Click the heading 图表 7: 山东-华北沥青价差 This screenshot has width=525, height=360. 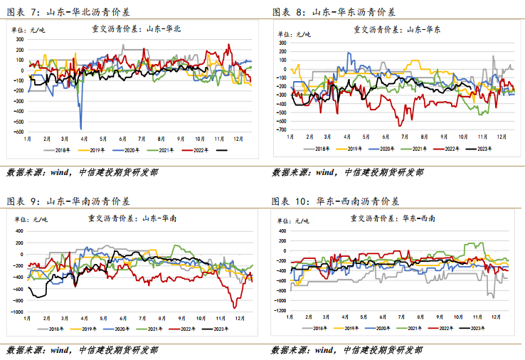pyautogui.click(x=68, y=12)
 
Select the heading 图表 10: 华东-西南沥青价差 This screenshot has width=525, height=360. pyautogui.click(x=335, y=201)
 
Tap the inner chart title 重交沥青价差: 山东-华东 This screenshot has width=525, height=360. pyautogui.click(x=397, y=30)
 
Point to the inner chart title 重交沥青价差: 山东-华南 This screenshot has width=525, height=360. pyautogui.click(x=132, y=218)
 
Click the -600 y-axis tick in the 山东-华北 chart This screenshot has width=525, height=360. pyautogui.click(x=18, y=132)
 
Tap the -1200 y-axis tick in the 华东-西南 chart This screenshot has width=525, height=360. pyautogui.click(x=280, y=310)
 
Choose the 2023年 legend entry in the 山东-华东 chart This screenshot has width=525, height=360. pyautogui.click(x=479, y=149)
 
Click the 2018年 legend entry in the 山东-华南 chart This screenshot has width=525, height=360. pyautogui.click(x=51, y=329)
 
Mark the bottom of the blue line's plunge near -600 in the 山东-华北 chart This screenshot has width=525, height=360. pyautogui.click(x=80, y=129)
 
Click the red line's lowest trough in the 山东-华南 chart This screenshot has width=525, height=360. pyautogui.click(x=234, y=308)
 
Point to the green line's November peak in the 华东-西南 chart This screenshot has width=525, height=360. pyautogui.click(x=482, y=243)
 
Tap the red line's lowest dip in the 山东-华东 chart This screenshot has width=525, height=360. pyautogui.click(x=400, y=126)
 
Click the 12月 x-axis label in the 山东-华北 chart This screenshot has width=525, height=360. pyautogui.click(x=238, y=139)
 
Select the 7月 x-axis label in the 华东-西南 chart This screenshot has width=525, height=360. pyautogui.click(x=401, y=317)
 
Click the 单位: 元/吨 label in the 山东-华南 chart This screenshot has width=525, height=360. pyautogui.click(x=31, y=220)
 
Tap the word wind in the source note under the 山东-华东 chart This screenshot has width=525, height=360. pyautogui.click(x=326, y=172)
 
